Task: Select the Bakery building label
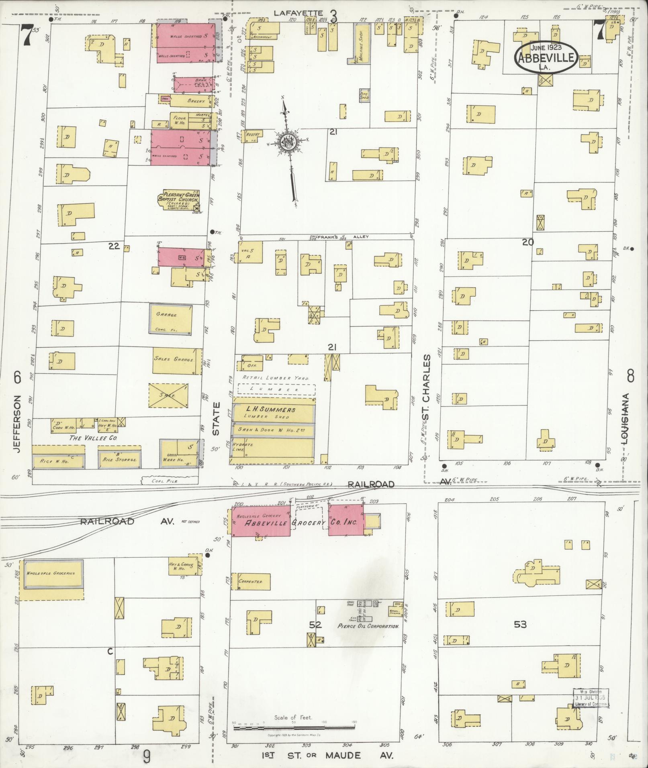[x=196, y=101]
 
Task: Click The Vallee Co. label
[x=94, y=438]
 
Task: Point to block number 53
[x=520, y=624]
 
